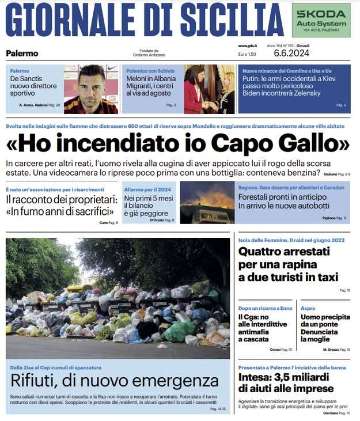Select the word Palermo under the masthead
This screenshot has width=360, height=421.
point(22,54)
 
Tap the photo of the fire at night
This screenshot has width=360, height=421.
point(207,202)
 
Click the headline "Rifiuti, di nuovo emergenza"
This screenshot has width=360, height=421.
point(115,381)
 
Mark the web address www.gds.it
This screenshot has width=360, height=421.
point(247,46)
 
